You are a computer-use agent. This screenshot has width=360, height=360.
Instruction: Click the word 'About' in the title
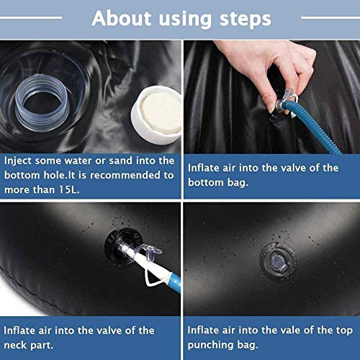(122, 19)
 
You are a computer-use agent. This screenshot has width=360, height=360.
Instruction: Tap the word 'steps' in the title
(246, 20)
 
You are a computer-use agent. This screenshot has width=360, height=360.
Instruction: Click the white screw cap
(156, 114)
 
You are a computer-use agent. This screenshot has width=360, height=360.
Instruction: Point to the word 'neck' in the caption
(15, 345)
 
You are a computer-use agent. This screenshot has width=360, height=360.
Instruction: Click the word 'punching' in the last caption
(210, 346)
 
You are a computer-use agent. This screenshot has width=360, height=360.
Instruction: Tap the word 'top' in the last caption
(344, 331)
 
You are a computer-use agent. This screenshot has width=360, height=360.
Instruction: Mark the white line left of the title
(31, 17)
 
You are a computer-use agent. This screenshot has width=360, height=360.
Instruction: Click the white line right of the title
(330, 17)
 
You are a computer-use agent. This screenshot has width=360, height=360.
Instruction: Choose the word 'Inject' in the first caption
(17, 161)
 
